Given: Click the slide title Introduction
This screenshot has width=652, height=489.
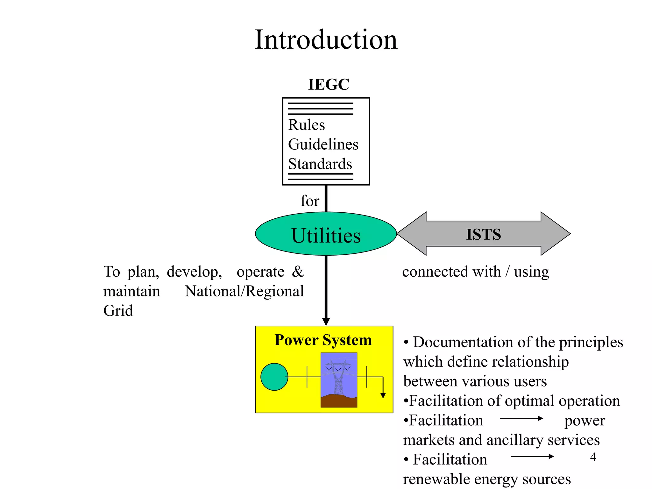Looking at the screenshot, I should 326,40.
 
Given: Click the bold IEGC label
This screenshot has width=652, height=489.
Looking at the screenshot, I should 329,84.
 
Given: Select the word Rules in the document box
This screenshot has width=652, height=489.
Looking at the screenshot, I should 306,125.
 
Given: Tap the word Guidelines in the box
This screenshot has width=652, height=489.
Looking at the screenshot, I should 323,144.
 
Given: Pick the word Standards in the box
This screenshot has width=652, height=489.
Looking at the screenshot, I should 320,164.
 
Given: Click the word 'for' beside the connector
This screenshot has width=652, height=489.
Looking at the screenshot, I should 309,201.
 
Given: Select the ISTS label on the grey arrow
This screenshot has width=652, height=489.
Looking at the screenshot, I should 483,234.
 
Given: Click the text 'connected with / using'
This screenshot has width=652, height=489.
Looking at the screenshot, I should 475,272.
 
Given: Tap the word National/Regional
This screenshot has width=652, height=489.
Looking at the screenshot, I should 244,291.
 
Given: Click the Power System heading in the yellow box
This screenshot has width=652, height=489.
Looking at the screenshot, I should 323,340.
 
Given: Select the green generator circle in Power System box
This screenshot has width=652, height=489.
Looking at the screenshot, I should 274,377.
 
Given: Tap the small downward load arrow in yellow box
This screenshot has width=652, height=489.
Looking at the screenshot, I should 383,395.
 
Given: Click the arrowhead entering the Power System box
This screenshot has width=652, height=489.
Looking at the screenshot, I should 326,321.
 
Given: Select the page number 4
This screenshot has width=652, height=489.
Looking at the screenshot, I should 593,457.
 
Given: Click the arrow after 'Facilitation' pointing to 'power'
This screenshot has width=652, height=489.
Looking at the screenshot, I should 521,418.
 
